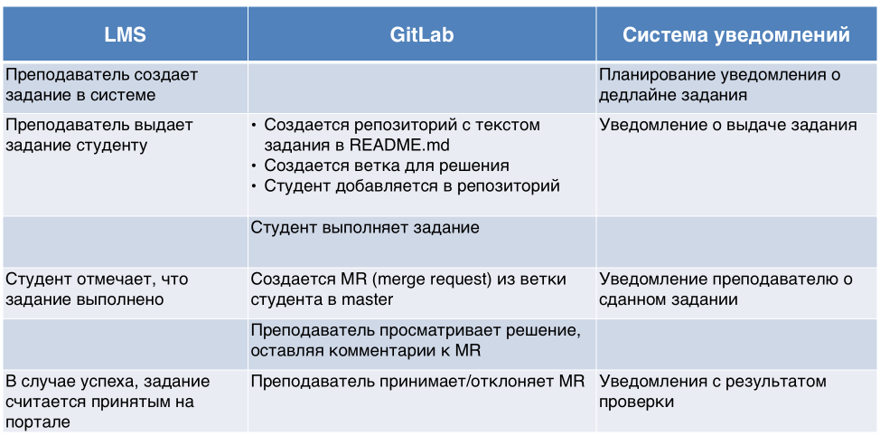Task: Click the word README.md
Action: click(399, 145)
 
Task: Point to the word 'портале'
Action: click(38, 422)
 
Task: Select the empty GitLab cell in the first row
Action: click(422, 87)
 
